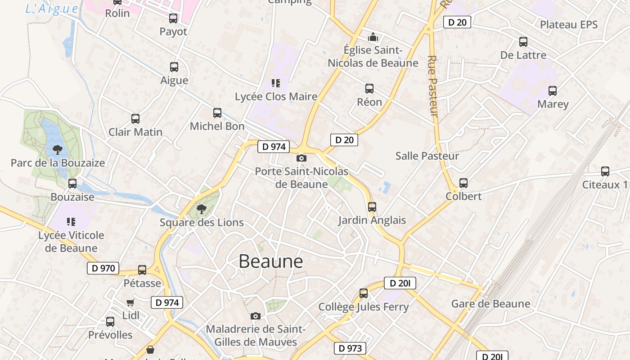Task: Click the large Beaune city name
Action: [270, 261]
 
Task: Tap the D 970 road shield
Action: [103, 269]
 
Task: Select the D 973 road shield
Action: [350, 348]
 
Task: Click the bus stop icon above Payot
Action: [173, 18]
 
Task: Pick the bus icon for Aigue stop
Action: [174, 67]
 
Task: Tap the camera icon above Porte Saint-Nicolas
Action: [301, 158]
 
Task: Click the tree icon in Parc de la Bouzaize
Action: [57, 149]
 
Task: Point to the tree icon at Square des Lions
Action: [202, 209]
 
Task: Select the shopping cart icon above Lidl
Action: [130, 302]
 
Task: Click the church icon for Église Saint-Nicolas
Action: [373, 37]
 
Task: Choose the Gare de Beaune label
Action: [490, 304]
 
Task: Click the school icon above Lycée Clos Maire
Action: [276, 83]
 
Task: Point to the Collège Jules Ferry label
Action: [364, 307]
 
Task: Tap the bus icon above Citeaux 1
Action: [605, 171]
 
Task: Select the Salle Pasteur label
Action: [427, 156]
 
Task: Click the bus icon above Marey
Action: [553, 91]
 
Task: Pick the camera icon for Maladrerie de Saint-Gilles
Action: [256, 316]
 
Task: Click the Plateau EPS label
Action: [569, 24]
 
